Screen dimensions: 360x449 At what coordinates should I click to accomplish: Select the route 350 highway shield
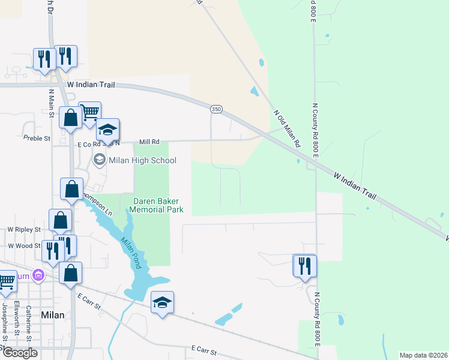(x=216, y=109)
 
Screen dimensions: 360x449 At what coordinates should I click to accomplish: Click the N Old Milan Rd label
(x=286, y=129)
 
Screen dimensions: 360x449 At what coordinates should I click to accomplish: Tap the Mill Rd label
(x=149, y=142)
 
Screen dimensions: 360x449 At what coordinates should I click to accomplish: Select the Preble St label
(x=39, y=139)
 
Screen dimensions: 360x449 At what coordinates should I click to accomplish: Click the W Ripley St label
(x=23, y=230)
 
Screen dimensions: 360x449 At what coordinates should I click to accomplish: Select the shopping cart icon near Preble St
(x=89, y=112)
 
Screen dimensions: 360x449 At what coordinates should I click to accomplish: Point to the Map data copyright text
(x=423, y=355)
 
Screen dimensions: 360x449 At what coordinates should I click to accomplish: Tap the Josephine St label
(x=5, y=322)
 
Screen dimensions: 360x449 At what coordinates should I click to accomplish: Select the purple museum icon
(x=38, y=275)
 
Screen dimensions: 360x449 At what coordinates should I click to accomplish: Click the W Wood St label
(x=24, y=245)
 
